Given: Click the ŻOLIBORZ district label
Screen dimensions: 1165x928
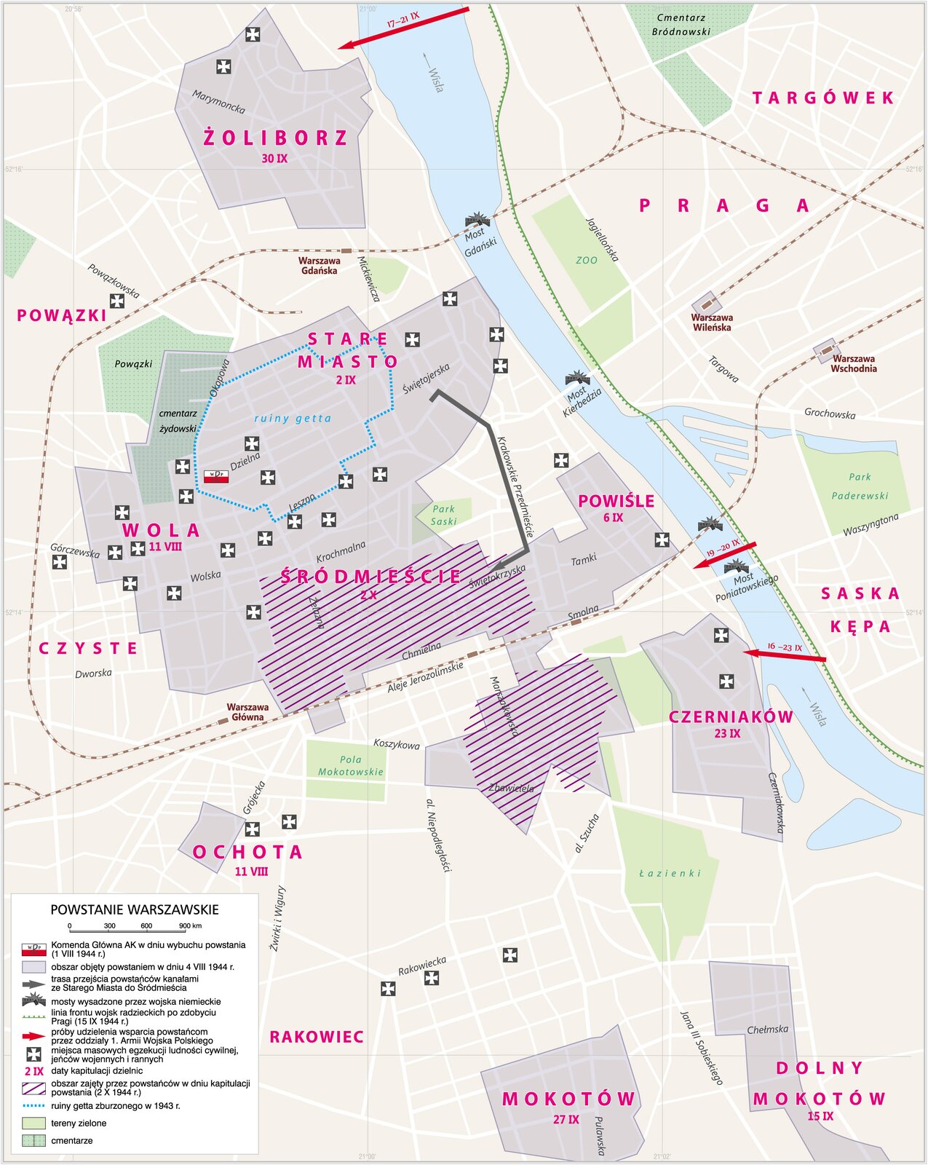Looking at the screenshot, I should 275,138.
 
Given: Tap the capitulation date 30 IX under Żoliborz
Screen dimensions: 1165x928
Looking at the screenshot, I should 274,158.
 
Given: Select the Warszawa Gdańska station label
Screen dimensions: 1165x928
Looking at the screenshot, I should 319,266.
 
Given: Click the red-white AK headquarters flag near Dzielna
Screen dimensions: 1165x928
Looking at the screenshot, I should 217,477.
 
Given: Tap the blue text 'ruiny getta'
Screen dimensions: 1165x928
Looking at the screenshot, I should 293,419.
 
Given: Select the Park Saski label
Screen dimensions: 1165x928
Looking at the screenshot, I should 443,516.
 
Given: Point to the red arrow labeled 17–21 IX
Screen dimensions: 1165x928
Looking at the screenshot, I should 404,28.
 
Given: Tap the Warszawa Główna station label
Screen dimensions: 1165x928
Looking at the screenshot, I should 247,712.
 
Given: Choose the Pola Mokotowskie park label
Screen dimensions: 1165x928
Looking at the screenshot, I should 350,766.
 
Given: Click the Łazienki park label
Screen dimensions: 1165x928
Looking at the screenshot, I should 670,873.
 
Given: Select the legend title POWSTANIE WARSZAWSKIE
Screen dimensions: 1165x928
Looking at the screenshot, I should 134,910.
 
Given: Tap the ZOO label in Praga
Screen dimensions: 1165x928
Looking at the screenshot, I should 586,260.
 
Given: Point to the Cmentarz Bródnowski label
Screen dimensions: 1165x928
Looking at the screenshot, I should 681,25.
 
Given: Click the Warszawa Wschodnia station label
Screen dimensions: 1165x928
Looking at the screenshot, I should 853,363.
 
